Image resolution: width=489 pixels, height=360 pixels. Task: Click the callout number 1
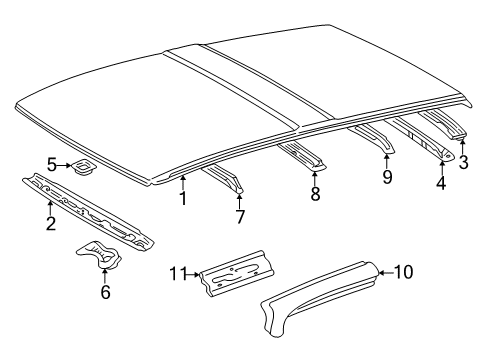click(x=182, y=198)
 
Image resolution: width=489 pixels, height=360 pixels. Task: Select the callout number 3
click(x=463, y=164)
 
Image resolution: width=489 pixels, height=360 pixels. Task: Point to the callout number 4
click(x=441, y=182)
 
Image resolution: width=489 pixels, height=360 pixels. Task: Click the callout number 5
click(x=52, y=165)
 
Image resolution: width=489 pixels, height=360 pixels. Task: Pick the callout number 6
click(x=106, y=292)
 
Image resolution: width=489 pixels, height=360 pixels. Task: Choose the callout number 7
click(x=239, y=216)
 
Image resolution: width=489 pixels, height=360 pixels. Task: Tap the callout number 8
click(x=315, y=194)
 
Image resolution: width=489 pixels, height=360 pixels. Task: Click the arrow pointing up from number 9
click(x=386, y=160)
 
